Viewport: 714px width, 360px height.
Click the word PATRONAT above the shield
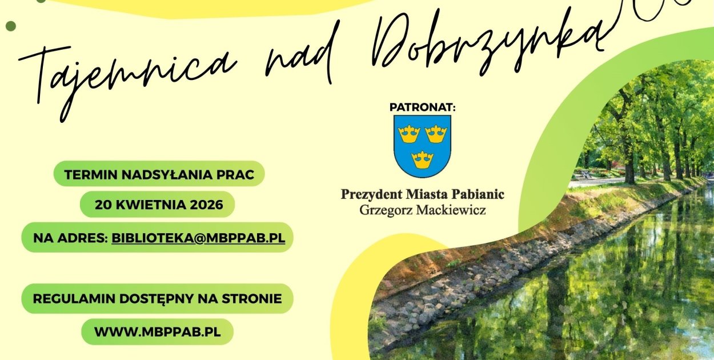(422, 107)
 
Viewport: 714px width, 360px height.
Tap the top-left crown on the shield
(409, 134)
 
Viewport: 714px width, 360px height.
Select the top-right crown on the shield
(436, 134)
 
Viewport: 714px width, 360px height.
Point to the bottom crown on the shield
(423, 159)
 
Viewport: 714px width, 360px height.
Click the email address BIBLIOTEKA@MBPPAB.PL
(198, 238)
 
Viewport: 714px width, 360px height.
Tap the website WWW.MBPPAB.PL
(157, 331)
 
